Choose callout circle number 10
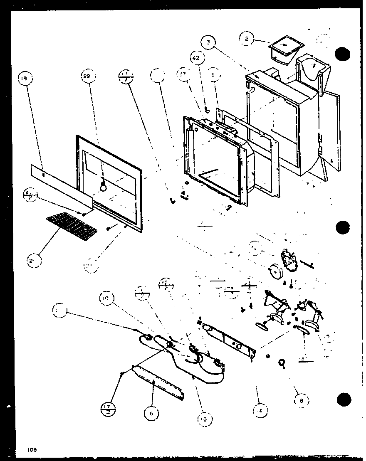coord(106,298)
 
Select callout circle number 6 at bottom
coord(151,414)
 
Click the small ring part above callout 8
coord(282,363)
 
